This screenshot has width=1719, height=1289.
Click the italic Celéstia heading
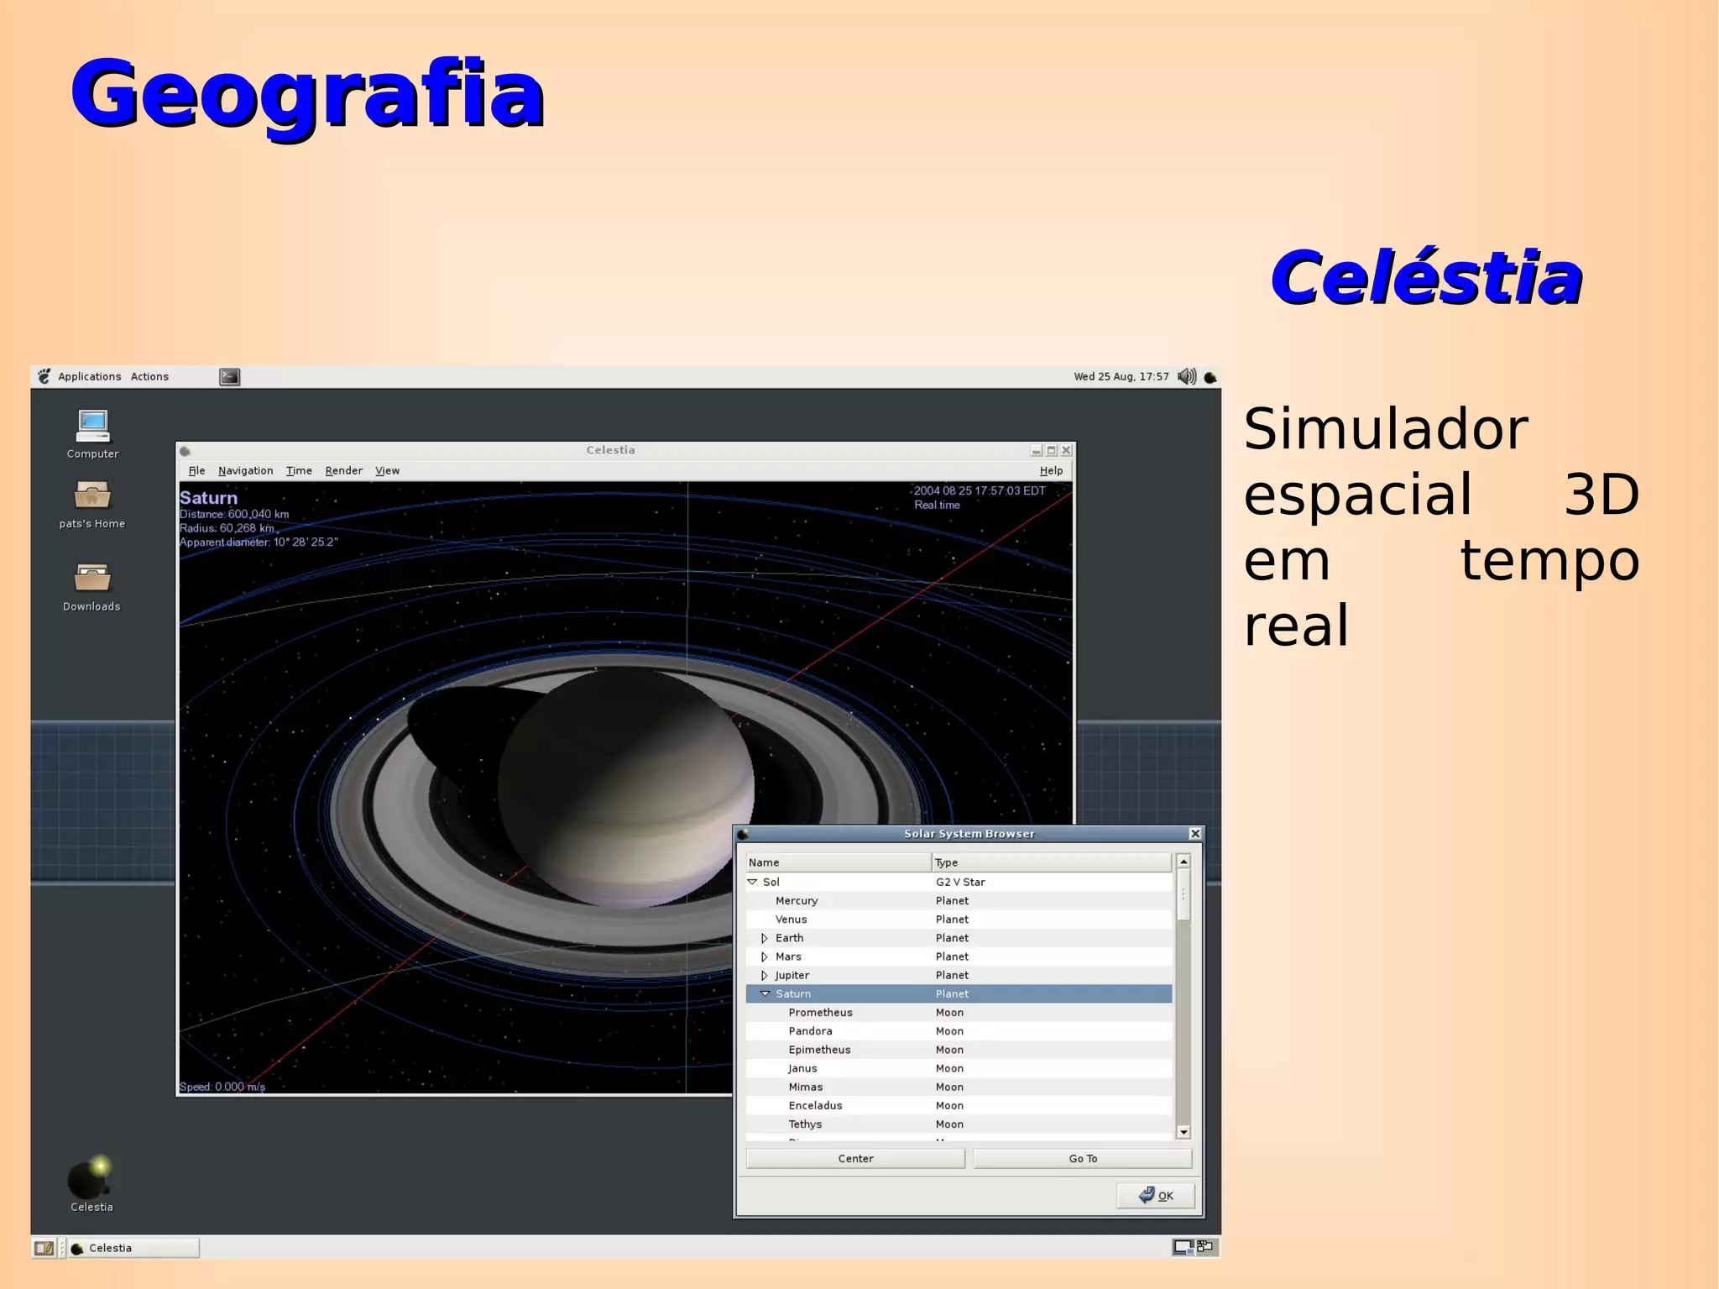point(1426,278)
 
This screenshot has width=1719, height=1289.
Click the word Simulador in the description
point(1385,430)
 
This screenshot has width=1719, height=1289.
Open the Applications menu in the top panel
point(89,376)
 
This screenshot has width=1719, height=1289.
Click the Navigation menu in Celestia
point(245,470)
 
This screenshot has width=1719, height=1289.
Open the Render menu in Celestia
point(343,470)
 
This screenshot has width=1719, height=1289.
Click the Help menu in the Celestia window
point(1051,470)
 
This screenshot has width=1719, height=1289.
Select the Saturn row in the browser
point(793,993)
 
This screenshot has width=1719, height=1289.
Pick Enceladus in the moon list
point(815,1105)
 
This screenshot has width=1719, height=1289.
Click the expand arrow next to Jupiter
point(764,975)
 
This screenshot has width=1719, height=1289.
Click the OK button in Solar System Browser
point(1156,1195)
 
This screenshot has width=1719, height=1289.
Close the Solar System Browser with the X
point(1194,833)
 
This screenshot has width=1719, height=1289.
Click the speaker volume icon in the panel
point(1186,376)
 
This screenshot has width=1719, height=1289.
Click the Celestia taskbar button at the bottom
point(133,1248)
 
